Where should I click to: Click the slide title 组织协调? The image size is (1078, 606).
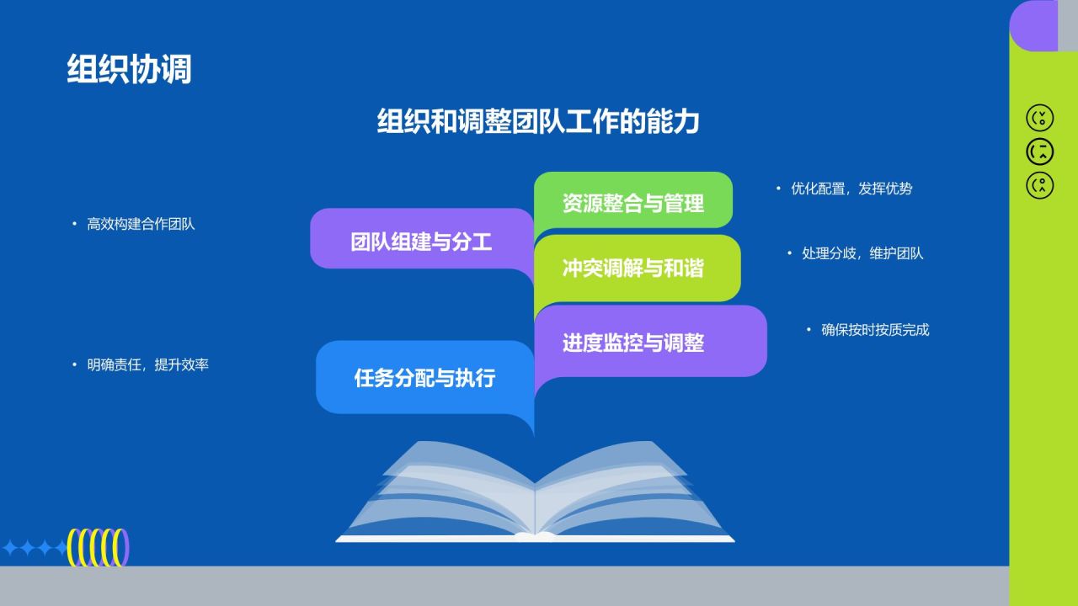129,69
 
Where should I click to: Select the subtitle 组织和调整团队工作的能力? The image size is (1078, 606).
538,122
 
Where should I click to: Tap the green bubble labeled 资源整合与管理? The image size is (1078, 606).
632,203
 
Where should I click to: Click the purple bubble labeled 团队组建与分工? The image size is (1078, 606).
421,242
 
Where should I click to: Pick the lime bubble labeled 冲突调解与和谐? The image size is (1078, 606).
632,268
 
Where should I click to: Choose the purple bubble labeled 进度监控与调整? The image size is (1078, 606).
633,343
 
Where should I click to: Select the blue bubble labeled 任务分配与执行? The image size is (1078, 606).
424,378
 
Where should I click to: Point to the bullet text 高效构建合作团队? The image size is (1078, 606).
141,225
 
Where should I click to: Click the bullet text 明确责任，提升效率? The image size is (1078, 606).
147,365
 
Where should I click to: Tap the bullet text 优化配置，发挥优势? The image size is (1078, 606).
851,189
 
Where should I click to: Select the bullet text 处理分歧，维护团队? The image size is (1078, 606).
862,253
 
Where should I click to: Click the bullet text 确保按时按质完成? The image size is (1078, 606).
875,330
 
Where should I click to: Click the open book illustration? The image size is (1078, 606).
535,495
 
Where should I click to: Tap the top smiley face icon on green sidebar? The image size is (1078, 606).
1040,118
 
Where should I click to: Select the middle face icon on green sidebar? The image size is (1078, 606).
1040,151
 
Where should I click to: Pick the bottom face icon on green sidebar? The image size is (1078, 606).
1040,185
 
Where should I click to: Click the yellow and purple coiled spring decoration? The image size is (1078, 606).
99,547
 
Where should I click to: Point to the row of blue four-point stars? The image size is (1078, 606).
35,549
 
